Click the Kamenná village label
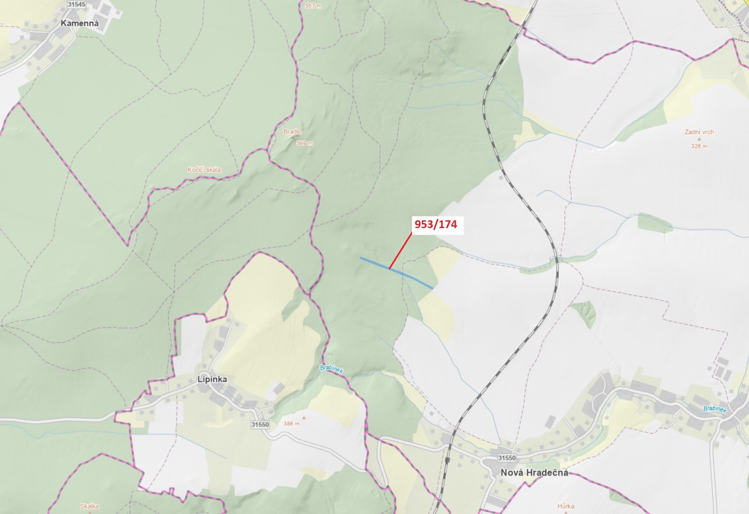[80, 23]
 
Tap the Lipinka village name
[212, 379]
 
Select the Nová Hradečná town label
[534, 473]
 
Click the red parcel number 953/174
[436, 224]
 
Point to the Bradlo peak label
[292, 132]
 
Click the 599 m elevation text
[304, 143]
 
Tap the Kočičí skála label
[204, 169]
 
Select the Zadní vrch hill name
[699, 132]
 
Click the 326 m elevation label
[699, 146]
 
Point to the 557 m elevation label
[313, 6]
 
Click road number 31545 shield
[77, 4]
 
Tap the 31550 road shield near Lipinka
[260, 425]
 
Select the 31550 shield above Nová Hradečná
[507, 458]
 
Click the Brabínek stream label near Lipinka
[331, 369]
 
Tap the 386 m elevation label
[291, 424]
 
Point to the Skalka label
[89, 506]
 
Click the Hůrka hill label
[566, 506]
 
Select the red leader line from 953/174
[400, 251]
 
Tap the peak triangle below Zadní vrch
[699, 139]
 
